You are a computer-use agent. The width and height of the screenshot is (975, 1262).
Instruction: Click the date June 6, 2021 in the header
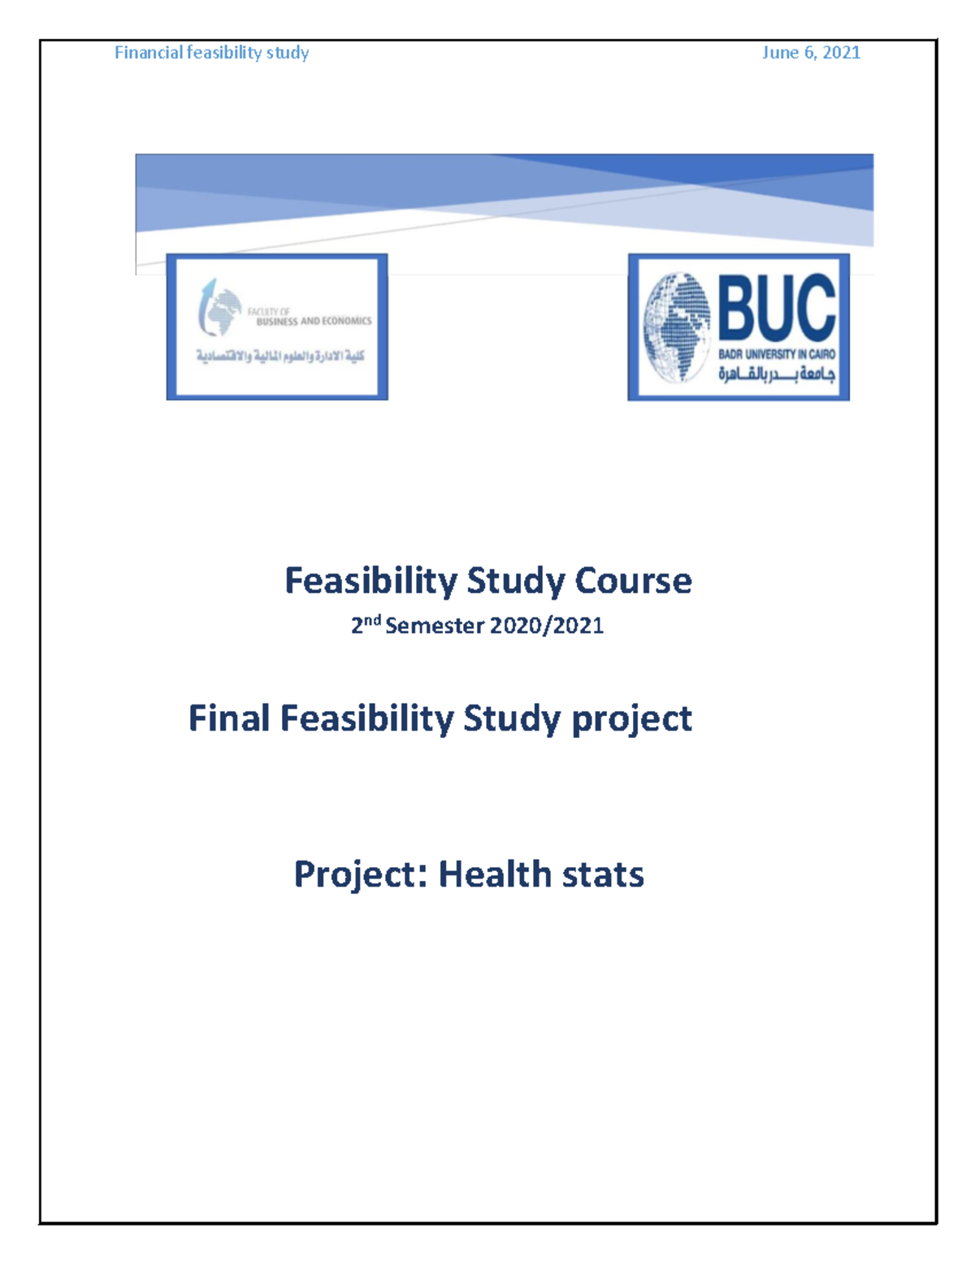tap(811, 53)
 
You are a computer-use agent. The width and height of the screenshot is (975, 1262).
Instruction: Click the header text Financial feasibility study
tap(211, 53)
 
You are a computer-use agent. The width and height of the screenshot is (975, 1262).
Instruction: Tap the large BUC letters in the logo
tap(777, 306)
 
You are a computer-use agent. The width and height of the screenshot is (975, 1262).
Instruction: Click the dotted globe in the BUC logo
tap(676, 327)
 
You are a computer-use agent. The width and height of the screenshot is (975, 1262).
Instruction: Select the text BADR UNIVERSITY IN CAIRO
tap(776, 354)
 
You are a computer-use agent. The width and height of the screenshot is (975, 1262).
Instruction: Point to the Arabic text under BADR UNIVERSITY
tap(776, 375)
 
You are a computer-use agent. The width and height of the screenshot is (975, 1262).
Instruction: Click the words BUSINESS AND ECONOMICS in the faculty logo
tap(314, 322)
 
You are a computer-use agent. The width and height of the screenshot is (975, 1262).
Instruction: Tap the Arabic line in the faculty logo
tap(280, 356)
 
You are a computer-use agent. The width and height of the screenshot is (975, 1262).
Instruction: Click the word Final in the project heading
tap(229, 718)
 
